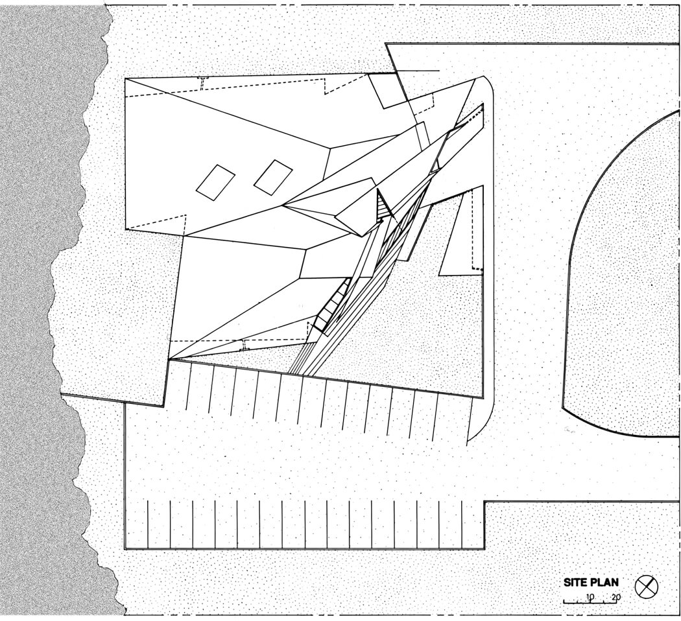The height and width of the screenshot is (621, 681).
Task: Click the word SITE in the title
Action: (576, 583)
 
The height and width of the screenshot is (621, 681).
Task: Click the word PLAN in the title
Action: (604, 583)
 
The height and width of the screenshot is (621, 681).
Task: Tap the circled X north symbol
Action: (646, 587)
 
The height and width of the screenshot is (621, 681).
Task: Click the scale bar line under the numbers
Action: (591, 603)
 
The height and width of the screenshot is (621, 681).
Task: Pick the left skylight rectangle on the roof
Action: (215, 182)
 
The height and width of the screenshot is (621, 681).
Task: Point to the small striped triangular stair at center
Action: (383, 206)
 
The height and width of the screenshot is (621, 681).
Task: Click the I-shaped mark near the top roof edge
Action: (203, 82)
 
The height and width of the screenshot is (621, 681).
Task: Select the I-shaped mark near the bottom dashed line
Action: (245, 345)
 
